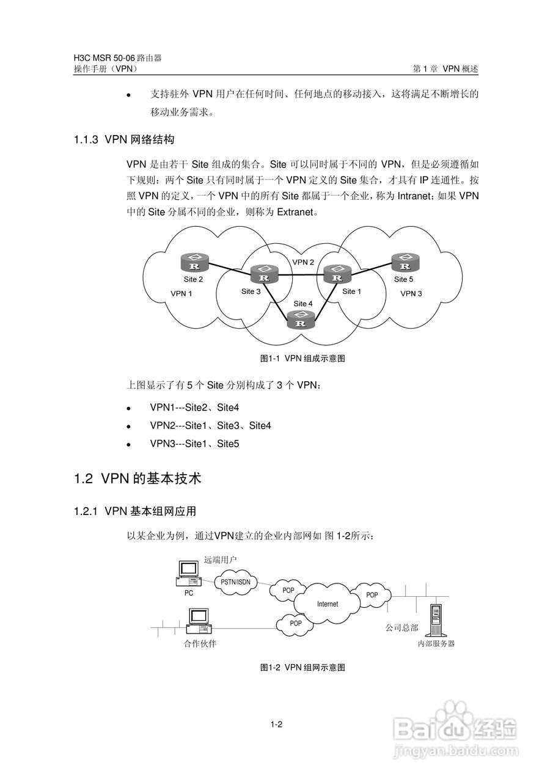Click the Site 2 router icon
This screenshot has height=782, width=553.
click(195, 264)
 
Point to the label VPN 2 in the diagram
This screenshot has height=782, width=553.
click(303, 262)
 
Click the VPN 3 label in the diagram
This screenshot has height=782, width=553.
click(411, 294)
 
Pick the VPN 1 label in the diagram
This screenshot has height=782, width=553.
click(181, 293)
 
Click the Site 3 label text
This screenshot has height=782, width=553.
click(251, 291)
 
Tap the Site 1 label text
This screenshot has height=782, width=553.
click(351, 291)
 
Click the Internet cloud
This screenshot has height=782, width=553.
click(328, 604)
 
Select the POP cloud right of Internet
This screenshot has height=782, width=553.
click(372, 594)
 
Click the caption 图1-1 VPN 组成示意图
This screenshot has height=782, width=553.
click(302, 359)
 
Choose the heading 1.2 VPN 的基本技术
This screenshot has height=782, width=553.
click(137, 479)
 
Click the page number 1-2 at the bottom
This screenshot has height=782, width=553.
click(276, 725)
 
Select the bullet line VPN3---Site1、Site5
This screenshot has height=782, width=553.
click(194, 444)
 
